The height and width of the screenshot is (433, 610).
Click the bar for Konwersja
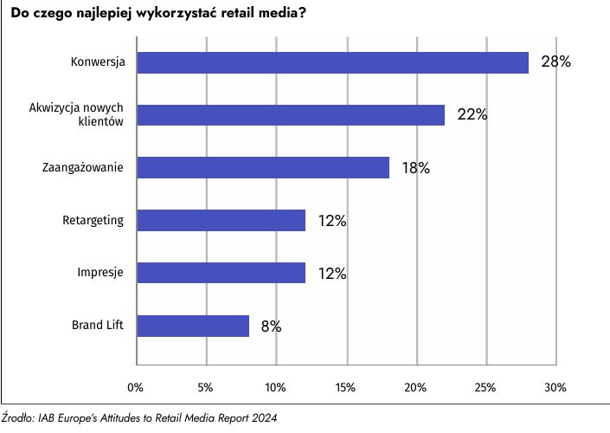point(332,62)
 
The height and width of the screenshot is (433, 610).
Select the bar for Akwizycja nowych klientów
point(291,115)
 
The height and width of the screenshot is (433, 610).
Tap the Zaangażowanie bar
point(263,168)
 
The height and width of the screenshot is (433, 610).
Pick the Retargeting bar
point(222,221)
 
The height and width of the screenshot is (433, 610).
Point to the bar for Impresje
point(222,273)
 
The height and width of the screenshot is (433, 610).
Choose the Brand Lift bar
point(193,326)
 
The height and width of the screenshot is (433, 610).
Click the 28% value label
point(556,62)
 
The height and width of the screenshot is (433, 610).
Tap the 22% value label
point(472,115)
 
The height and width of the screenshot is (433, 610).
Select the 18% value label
point(416,168)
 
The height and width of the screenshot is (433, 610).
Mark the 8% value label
point(271,326)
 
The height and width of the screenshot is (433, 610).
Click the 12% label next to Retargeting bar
point(332,221)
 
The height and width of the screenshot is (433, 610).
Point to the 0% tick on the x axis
point(136,385)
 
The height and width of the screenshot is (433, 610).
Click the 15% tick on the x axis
point(346,385)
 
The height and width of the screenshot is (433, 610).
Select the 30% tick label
point(555,385)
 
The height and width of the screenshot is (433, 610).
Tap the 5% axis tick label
point(206,385)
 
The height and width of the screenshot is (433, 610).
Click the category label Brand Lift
point(98,326)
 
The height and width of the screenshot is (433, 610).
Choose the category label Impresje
point(100,273)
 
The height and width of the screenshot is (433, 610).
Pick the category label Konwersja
point(99,62)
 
